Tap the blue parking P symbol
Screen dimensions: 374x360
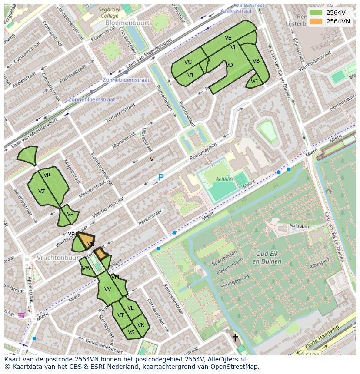[161, 178]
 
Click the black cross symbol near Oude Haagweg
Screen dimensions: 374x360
[235, 337]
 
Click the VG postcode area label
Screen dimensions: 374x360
[188, 62]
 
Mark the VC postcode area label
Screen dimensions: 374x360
[254, 82]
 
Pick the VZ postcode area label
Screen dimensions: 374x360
[42, 192]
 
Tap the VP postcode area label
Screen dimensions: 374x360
[70, 214]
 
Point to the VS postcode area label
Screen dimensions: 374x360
[131, 332]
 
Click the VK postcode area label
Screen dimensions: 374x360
[141, 325]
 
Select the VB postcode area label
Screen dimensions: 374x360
[256, 61]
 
